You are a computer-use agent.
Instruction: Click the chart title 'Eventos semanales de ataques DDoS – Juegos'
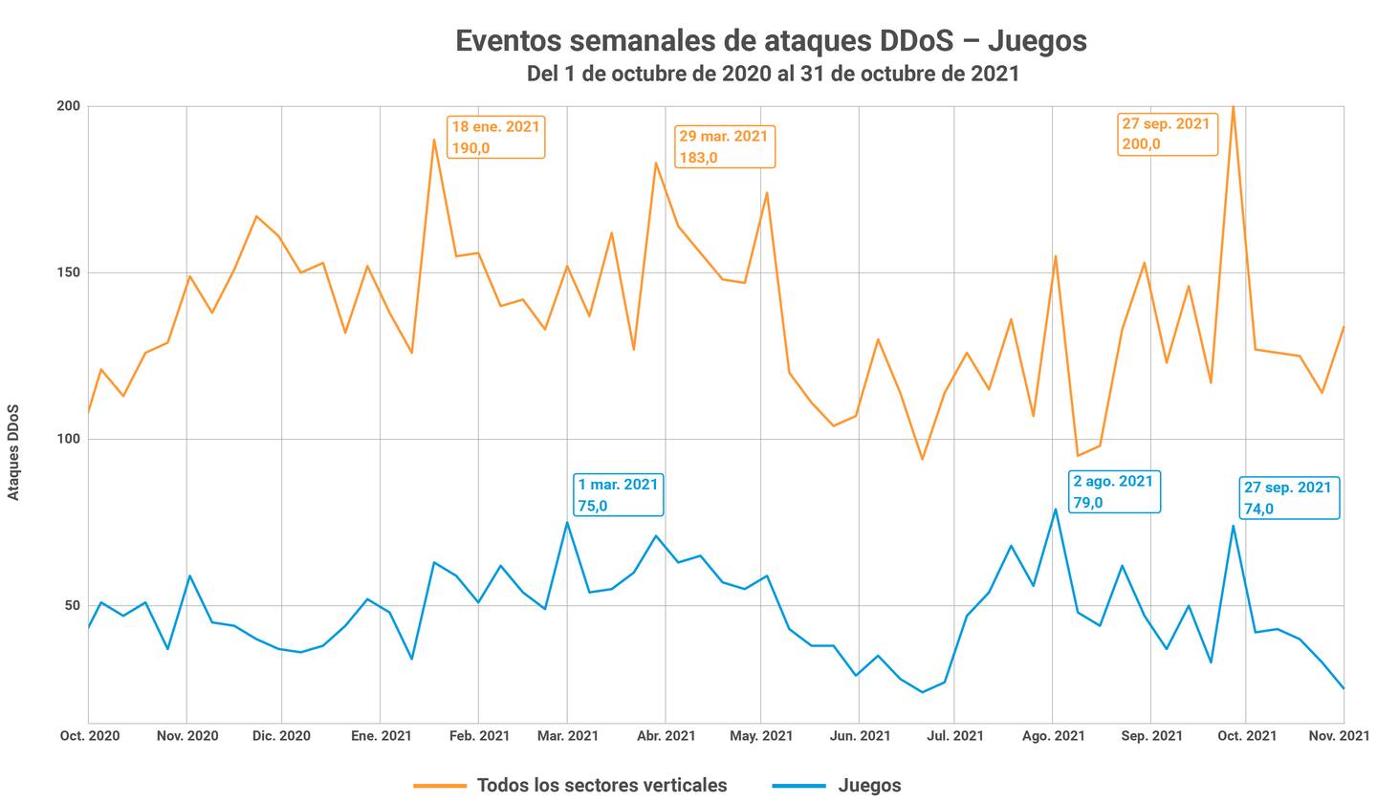(x=771, y=41)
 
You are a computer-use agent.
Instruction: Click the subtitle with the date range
(x=773, y=74)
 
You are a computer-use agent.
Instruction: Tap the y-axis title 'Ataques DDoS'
(x=13, y=452)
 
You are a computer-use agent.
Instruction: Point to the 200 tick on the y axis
(x=68, y=106)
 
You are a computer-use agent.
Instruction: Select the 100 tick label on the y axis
(x=68, y=439)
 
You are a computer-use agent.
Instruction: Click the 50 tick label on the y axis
(x=71, y=605)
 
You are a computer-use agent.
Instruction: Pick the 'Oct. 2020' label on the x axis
(x=89, y=736)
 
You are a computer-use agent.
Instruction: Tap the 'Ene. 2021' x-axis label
(x=381, y=736)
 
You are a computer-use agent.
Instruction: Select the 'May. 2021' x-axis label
(x=761, y=736)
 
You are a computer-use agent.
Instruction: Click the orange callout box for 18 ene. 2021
(x=495, y=137)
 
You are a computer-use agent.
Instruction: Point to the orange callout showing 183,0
(x=724, y=146)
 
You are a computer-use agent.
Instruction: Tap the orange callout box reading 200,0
(x=1167, y=134)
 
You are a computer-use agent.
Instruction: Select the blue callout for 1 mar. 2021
(x=618, y=495)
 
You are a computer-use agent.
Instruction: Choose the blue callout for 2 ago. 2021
(x=1114, y=491)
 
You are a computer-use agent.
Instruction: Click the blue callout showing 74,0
(x=1288, y=498)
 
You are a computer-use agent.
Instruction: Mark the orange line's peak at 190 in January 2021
(x=434, y=140)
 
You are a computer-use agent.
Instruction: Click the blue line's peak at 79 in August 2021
(x=1056, y=510)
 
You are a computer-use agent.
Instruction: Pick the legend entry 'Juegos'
(x=869, y=786)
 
